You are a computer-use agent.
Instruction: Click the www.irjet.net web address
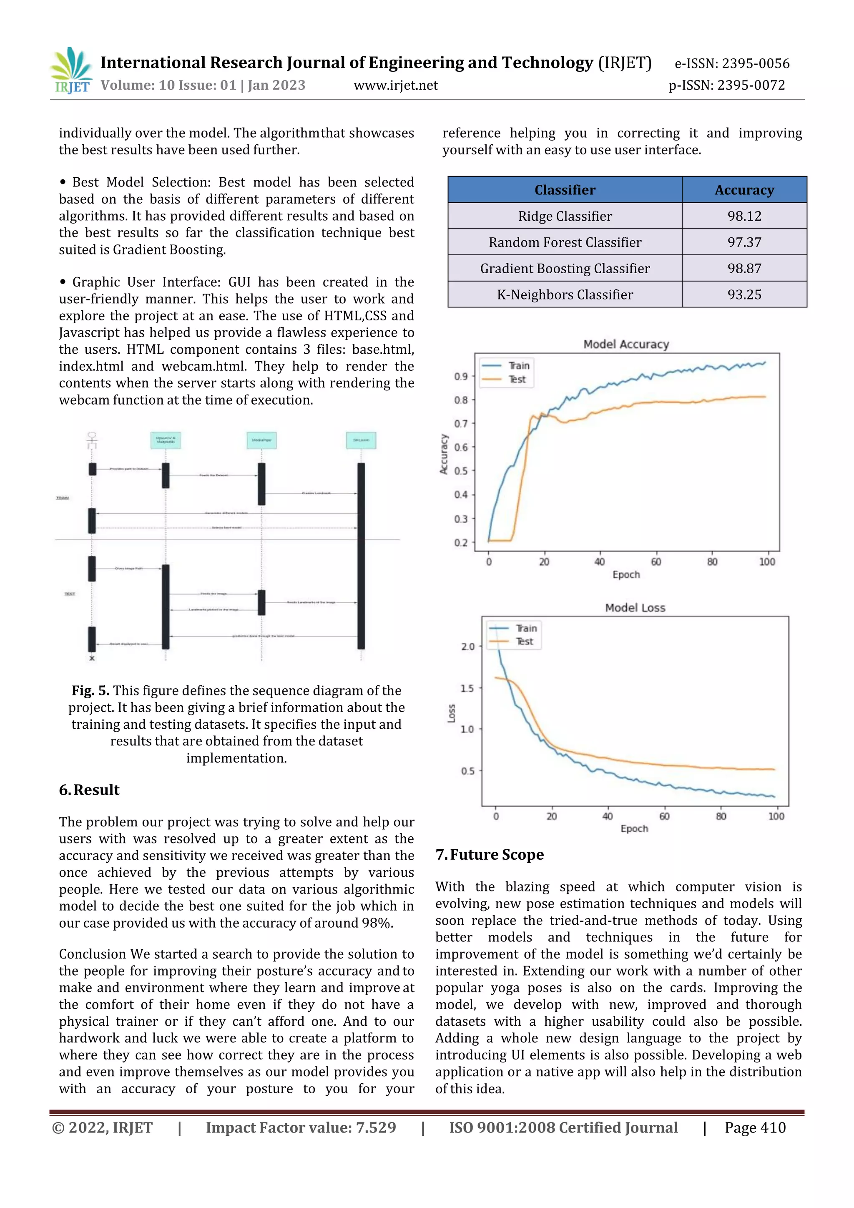pos(395,85)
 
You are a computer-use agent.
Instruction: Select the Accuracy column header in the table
pos(743,190)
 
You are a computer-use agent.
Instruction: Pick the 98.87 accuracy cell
pos(743,268)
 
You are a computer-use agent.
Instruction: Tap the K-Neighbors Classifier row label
pos(565,294)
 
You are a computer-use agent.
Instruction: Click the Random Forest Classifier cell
pos(565,242)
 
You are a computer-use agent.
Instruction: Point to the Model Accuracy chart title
pos(626,344)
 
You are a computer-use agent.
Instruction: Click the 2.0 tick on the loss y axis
pos(467,647)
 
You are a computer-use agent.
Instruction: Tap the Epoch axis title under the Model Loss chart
pos(634,829)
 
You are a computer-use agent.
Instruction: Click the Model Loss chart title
pos(635,608)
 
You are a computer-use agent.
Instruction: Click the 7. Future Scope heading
pos(490,854)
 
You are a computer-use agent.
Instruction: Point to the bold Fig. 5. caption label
pos(90,691)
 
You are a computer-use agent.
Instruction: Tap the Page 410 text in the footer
pos(755,1127)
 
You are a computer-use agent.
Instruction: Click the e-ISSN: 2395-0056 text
pos(731,64)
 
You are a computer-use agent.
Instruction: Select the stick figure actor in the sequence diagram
pos(92,440)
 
